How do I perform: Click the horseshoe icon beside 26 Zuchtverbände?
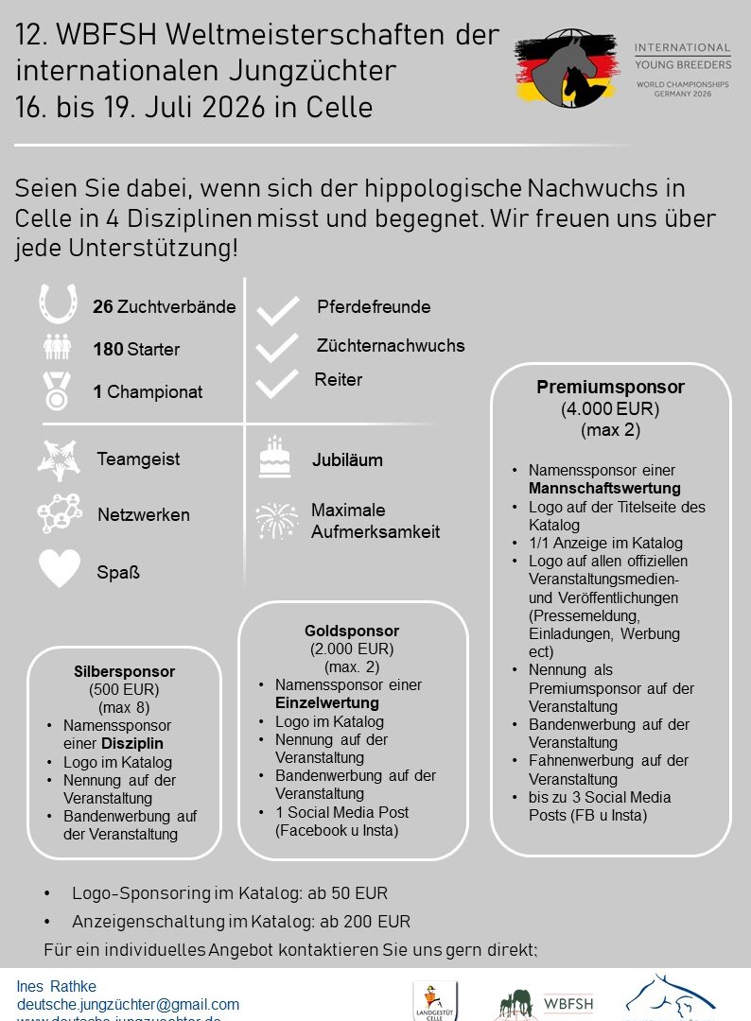58,304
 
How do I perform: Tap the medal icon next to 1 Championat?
58,389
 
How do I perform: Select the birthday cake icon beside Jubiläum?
274,459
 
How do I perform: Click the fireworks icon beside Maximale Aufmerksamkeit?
275,520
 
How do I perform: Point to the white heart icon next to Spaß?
59,570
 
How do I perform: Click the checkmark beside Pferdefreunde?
277,310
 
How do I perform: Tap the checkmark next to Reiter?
277,383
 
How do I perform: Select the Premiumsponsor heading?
610,387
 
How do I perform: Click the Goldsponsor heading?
352,631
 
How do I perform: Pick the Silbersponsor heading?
124,671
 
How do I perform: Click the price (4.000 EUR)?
610,409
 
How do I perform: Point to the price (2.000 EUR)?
352,649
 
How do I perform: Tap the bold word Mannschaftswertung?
604,488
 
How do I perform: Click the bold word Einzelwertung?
327,702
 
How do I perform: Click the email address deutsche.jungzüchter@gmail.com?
128,1004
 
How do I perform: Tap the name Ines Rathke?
57,987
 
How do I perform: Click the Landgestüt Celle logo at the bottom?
435,1000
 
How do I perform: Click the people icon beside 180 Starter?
58,347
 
